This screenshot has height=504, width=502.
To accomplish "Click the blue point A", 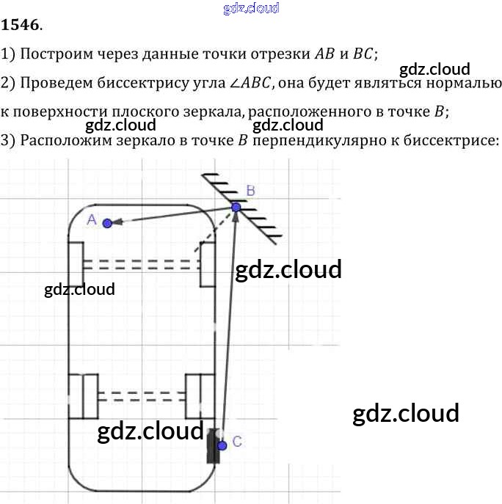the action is (x=107, y=223).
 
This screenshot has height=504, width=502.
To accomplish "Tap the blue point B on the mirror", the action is (x=236, y=207).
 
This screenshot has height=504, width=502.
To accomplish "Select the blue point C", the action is (x=222, y=445).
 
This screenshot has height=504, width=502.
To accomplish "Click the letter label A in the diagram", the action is (x=92, y=219).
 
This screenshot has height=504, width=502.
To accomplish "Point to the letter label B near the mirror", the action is (x=250, y=191).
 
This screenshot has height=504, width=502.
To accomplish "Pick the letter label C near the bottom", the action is (x=236, y=441).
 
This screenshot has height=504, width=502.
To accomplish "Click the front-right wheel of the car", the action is (x=208, y=263).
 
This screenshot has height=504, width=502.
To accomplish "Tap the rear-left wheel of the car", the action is (x=83, y=395).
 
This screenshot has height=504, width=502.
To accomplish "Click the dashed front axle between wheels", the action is (x=141, y=263).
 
